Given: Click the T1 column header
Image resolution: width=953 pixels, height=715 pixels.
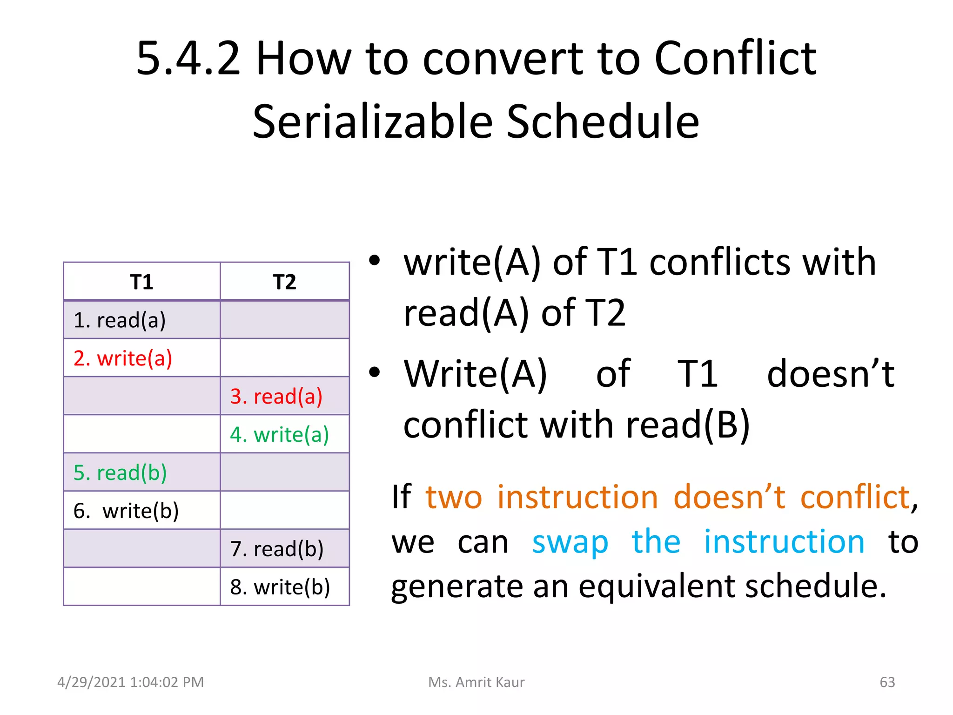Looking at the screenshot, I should (x=141, y=282).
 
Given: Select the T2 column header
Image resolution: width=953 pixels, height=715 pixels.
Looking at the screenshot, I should (x=284, y=282).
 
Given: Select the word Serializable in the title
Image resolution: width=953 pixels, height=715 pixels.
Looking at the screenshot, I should (x=372, y=122).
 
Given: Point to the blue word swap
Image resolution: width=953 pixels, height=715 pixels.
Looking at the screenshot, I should (x=570, y=543).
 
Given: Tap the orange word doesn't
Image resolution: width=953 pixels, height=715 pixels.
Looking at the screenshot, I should (x=729, y=497).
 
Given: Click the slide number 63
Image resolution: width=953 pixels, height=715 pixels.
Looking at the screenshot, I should (x=887, y=682).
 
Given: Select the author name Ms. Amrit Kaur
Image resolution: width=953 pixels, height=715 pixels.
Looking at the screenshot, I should (x=476, y=682).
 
